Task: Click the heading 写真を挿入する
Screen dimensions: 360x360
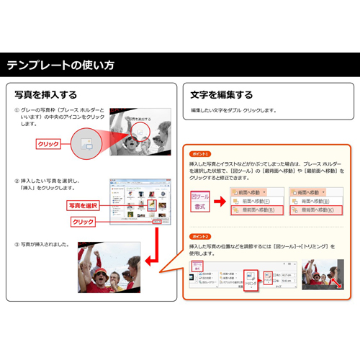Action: [46, 94]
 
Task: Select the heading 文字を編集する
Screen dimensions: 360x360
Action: [221, 94]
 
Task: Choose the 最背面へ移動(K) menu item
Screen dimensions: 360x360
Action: [314, 211]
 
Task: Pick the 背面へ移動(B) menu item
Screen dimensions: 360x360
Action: [314, 202]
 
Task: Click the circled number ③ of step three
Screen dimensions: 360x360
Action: [17, 245]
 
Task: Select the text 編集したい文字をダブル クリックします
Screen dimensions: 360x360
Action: [233, 110]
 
